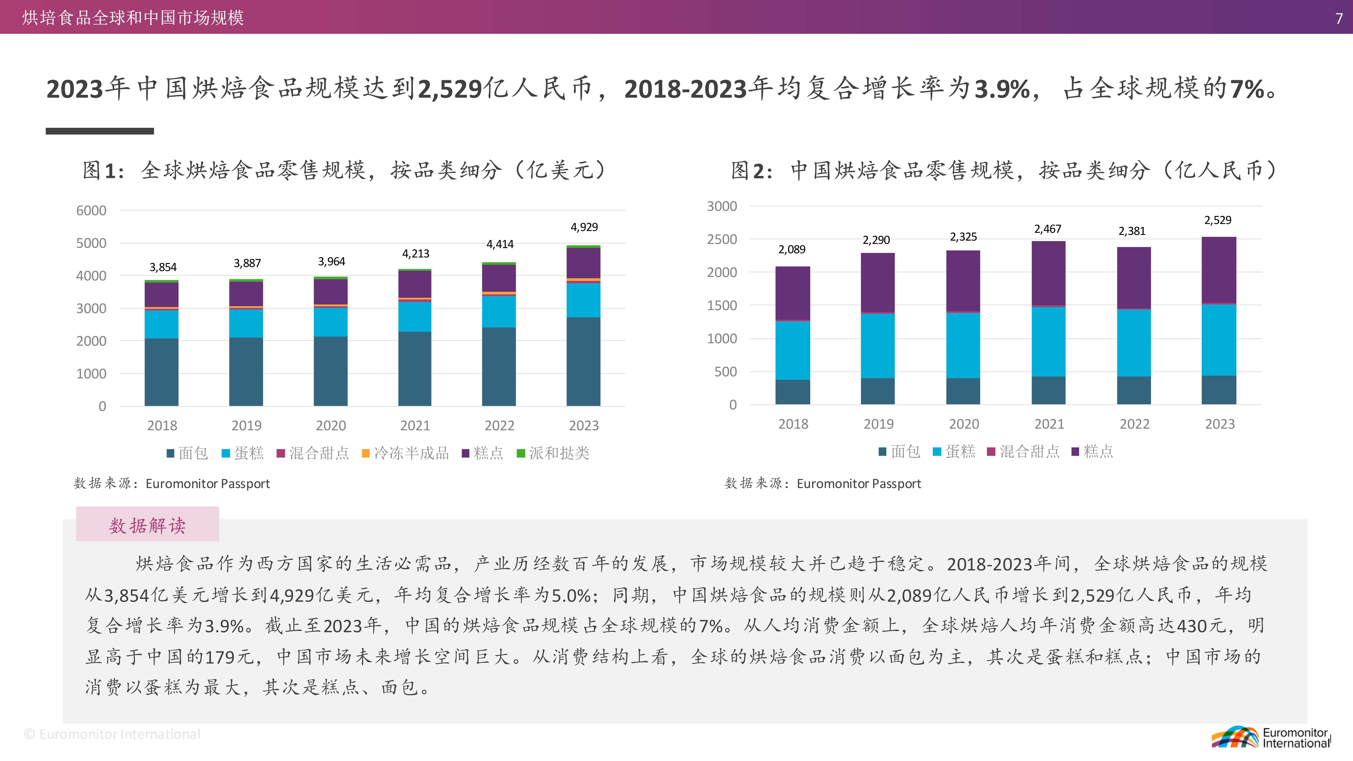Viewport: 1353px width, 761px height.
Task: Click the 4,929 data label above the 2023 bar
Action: [x=584, y=227]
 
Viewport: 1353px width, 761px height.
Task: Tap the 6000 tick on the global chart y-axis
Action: [x=91, y=211]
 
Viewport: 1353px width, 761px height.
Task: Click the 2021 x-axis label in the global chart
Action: [x=415, y=425]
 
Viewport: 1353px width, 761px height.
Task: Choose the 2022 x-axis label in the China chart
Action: [x=1134, y=424]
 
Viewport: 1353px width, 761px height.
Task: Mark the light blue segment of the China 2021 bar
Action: [x=1048, y=341]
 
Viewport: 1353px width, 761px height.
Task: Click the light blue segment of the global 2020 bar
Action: [x=330, y=322]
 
